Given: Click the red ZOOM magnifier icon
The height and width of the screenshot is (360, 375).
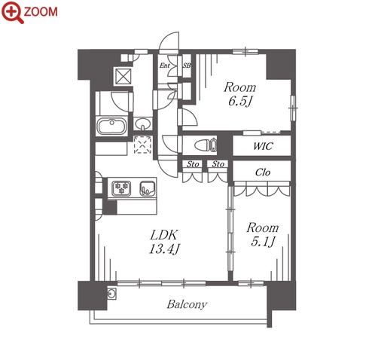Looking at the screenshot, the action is point(13,12).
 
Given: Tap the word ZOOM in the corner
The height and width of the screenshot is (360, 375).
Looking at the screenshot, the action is point(41,12).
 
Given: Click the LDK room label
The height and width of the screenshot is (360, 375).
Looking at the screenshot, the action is point(164,235).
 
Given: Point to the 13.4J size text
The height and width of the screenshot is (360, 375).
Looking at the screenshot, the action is point(164,249).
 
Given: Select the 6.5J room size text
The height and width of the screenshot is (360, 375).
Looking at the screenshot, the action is point(240,101).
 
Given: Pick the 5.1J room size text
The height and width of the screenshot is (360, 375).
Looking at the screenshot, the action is point(263,242).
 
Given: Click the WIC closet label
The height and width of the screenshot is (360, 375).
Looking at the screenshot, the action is point(263,146).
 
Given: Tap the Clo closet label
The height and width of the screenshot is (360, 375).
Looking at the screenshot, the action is point(263,172).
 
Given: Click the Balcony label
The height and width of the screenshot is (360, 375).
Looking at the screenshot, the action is point(187,304).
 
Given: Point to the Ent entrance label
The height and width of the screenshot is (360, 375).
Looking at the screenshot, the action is point(165,66).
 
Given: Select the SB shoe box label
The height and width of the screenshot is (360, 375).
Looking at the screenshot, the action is point(187,66).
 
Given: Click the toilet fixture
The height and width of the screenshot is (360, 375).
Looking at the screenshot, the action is point(206,145).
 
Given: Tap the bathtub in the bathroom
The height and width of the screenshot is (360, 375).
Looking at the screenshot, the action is point(111,126).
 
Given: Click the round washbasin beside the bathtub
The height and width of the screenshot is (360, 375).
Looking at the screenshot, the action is point(142,124).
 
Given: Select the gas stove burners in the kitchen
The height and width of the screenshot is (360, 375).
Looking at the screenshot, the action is point(122,188).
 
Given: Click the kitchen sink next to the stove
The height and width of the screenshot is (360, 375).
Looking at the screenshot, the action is point(148,188).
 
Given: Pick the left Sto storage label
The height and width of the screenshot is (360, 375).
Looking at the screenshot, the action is point(193,164).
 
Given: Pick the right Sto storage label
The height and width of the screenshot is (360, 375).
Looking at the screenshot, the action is point(218,164).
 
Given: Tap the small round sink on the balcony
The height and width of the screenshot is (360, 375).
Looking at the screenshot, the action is point(111,293).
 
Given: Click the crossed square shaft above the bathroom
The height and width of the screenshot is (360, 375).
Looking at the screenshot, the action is point(123,75).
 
